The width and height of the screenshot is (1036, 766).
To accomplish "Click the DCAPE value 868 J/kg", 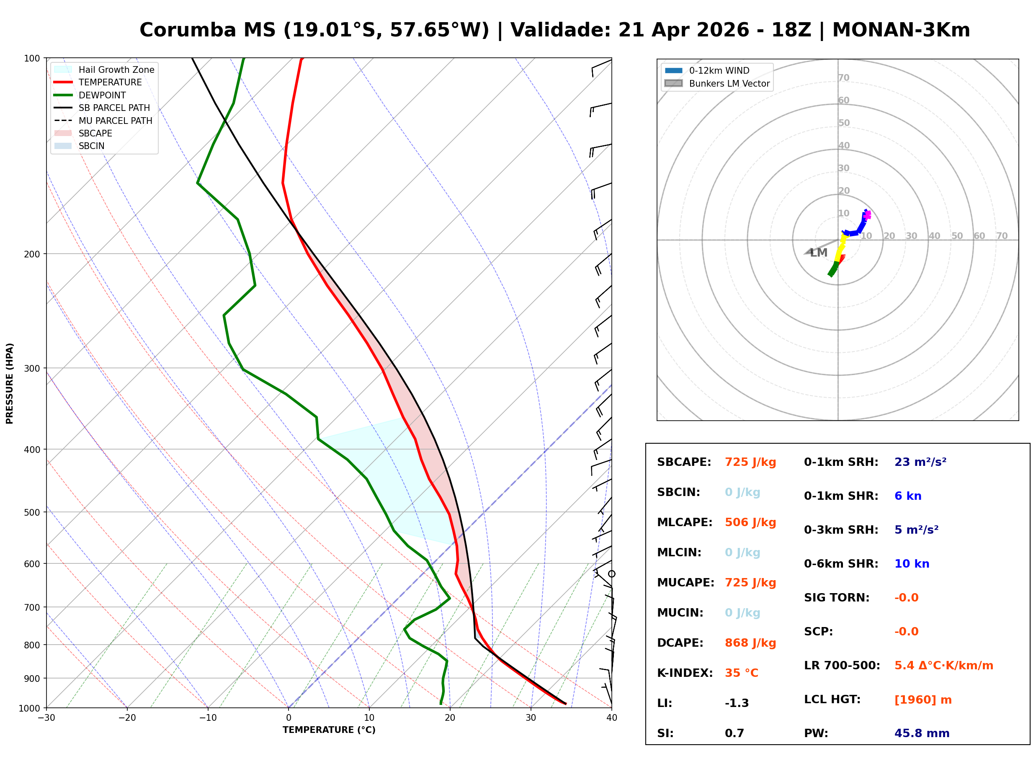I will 750,643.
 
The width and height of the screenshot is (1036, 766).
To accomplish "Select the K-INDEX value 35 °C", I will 742,673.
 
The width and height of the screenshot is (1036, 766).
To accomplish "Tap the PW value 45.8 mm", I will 922,733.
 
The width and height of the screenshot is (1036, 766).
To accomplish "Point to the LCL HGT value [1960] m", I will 923,700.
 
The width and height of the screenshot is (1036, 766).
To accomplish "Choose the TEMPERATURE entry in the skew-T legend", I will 110,82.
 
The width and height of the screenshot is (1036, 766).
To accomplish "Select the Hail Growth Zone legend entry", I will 116,69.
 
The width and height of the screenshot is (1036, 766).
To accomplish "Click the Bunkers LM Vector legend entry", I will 729,83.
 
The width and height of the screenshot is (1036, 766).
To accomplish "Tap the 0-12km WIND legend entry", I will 719,70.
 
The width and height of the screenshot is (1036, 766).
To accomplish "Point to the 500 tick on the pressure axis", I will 31,512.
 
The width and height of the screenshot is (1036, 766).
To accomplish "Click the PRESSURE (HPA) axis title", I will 10,383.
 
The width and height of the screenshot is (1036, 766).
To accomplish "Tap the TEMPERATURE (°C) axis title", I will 329,730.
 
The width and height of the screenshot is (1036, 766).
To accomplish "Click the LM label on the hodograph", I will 819,253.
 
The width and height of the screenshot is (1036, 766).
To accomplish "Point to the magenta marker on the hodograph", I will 867,215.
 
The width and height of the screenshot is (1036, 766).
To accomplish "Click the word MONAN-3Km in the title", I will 901,30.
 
